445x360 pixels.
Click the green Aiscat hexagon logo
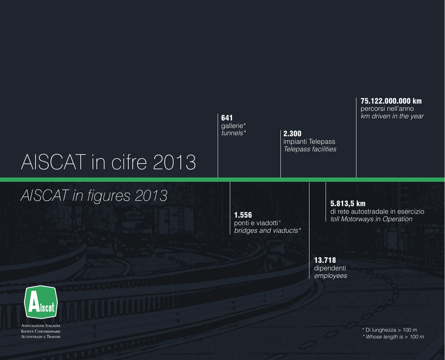click(41, 302)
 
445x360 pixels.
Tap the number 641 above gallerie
click(227, 118)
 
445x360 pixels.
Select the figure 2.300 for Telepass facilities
click(292, 134)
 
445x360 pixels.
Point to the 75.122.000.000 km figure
click(391, 101)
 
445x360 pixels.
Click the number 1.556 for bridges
click(243, 215)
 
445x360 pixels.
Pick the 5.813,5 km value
click(348, 203)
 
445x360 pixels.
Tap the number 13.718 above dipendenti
click(325, 260)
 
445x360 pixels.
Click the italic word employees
click(331, 276)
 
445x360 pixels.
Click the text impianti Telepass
click(309, 141)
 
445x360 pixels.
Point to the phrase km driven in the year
click(392, 116)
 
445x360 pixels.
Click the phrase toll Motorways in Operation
click(371, 219)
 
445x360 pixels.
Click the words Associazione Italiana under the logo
click(40, 326)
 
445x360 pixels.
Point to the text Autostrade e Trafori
click(40, 337)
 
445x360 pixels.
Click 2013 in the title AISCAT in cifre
click(174, 162)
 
